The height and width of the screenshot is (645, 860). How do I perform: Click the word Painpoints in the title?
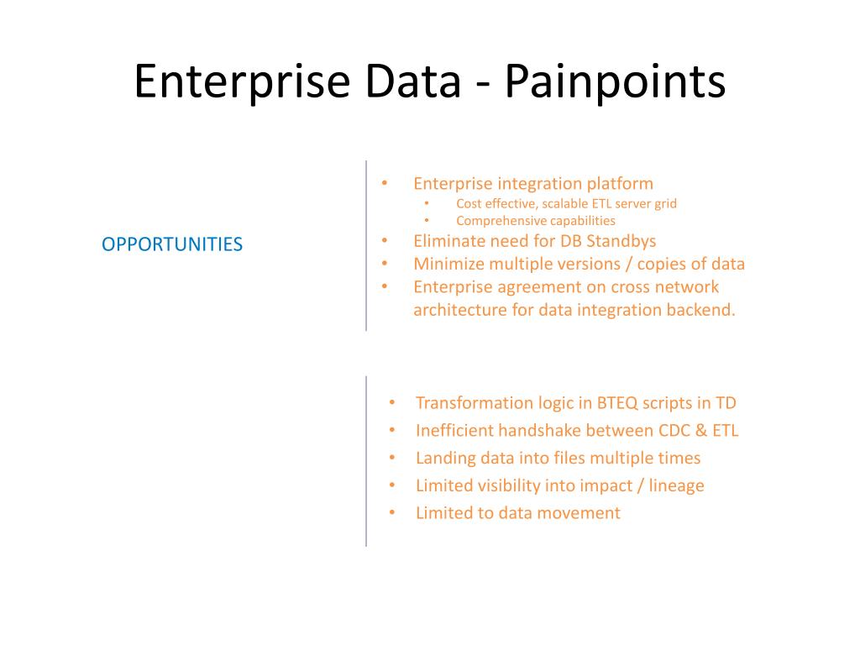coord(616,82)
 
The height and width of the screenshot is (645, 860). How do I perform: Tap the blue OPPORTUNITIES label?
coord(172,244)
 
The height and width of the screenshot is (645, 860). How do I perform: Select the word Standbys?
coord(620,241)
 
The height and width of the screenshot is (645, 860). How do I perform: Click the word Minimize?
coord(446,264)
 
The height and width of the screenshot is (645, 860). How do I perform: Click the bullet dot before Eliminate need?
coord(385,241)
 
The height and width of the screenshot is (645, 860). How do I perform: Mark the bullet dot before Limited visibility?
coord(392,485)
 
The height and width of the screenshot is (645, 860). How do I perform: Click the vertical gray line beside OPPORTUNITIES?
coord(366,244)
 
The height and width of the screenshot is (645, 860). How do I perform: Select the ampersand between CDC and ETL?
coord(702,431)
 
